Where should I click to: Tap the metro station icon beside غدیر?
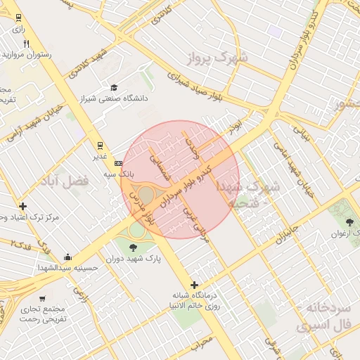click(101, 146)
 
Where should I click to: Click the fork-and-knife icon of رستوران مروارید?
click(26, 44)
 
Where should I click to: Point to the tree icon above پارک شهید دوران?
click(134, 245)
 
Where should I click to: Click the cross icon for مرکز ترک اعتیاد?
click(23, 206)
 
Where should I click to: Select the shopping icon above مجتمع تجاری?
click(42, 298)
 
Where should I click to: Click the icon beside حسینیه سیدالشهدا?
click(67, 257)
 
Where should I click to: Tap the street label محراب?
click(202, 342)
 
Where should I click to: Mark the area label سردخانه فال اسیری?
click(323, 317)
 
